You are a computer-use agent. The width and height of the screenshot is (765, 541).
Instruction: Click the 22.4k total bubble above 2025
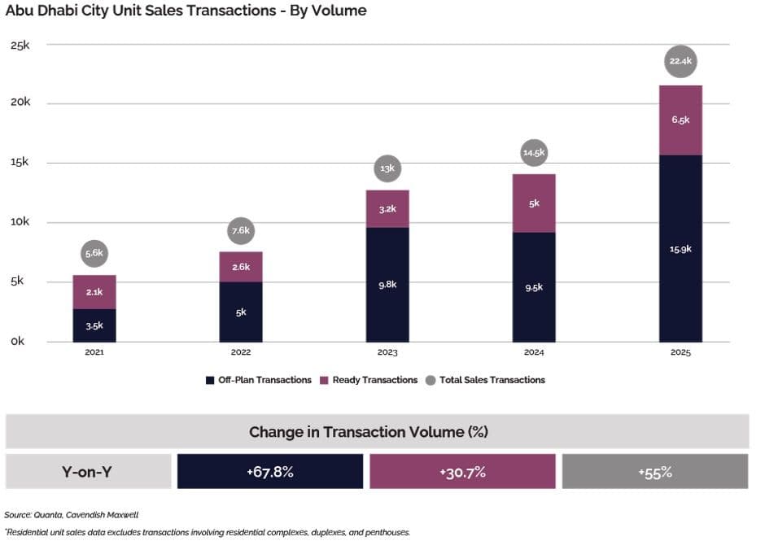coord(680,61)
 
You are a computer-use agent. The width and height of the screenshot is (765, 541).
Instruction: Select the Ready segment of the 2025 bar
coord(680,120)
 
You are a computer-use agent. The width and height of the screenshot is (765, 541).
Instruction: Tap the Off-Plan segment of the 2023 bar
coord(387,285)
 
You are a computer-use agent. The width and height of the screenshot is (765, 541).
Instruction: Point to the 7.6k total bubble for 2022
coord(241,231)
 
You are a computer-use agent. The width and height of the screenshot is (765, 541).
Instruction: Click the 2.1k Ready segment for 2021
coord(94,292)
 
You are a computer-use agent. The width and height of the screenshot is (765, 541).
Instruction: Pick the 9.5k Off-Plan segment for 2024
coord(534,287)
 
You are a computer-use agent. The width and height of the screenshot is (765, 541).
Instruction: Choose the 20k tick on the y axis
coord(20,102)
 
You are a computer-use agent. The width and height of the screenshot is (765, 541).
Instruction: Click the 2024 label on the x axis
coord(534,352)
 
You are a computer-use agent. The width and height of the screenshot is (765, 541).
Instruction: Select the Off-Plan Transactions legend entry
coord(259,380)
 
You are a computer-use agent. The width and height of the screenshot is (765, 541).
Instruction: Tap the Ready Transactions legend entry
coord(369,380)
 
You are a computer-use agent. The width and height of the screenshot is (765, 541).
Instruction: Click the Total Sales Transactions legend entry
coord(485,380)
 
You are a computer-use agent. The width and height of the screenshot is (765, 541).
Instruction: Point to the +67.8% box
coord(270,471)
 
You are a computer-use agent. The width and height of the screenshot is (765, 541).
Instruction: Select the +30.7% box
coord(462,471)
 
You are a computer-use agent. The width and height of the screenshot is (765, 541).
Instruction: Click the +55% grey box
coord(655,471)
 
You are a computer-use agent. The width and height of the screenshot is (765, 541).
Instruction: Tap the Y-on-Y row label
coord(87,472)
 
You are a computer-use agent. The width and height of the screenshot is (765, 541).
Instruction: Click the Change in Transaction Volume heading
coord(369,432)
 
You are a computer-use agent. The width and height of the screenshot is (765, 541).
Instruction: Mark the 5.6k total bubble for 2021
coord(94,253)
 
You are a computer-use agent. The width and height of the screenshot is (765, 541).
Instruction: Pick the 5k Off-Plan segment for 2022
coord(241,312)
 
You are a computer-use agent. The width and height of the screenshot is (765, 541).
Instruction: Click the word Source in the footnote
coord(18,515)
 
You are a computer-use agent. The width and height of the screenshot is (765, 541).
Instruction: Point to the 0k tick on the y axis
coord(18,341)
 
